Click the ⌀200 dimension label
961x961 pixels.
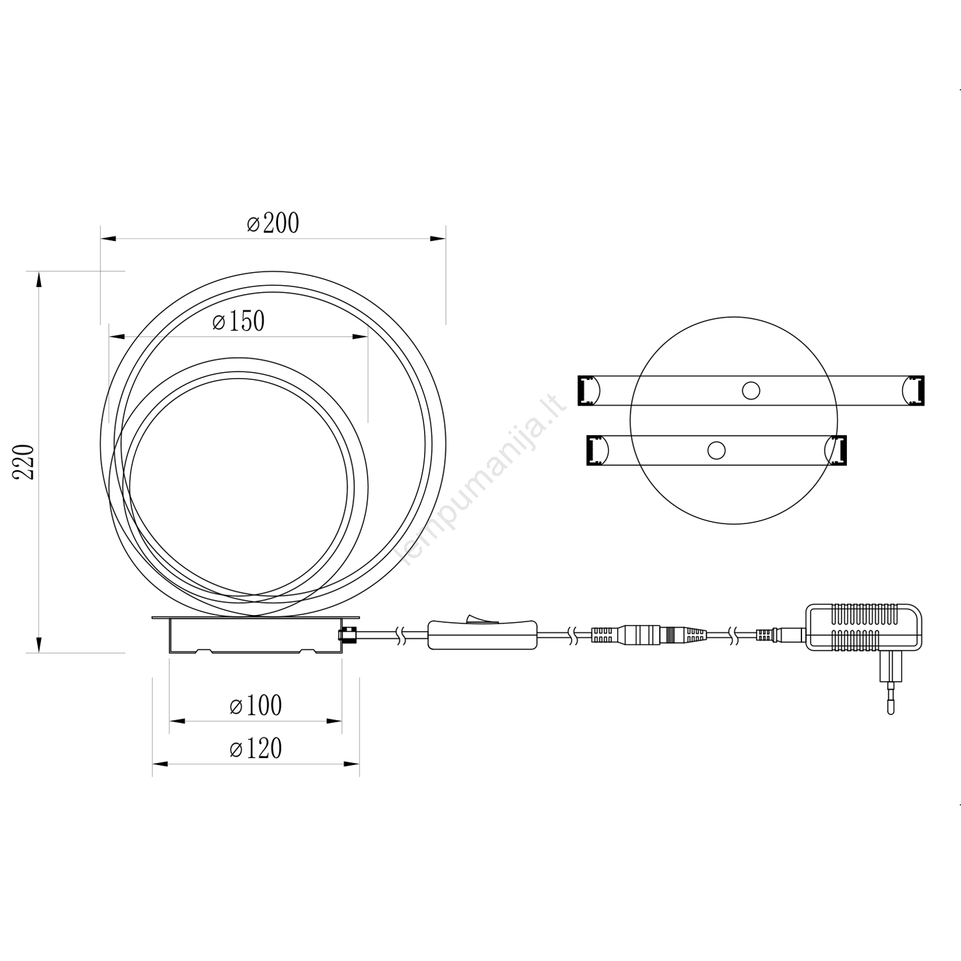tap(273, 223)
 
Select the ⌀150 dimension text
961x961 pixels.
tap(238, 321)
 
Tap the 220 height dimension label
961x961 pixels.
tap(24, 461)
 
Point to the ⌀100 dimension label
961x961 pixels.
tap(256, 705)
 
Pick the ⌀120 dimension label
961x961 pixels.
tap(256, 748)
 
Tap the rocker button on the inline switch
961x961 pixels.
tap(480, 618)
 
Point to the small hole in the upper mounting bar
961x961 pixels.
tap(751, 390)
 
